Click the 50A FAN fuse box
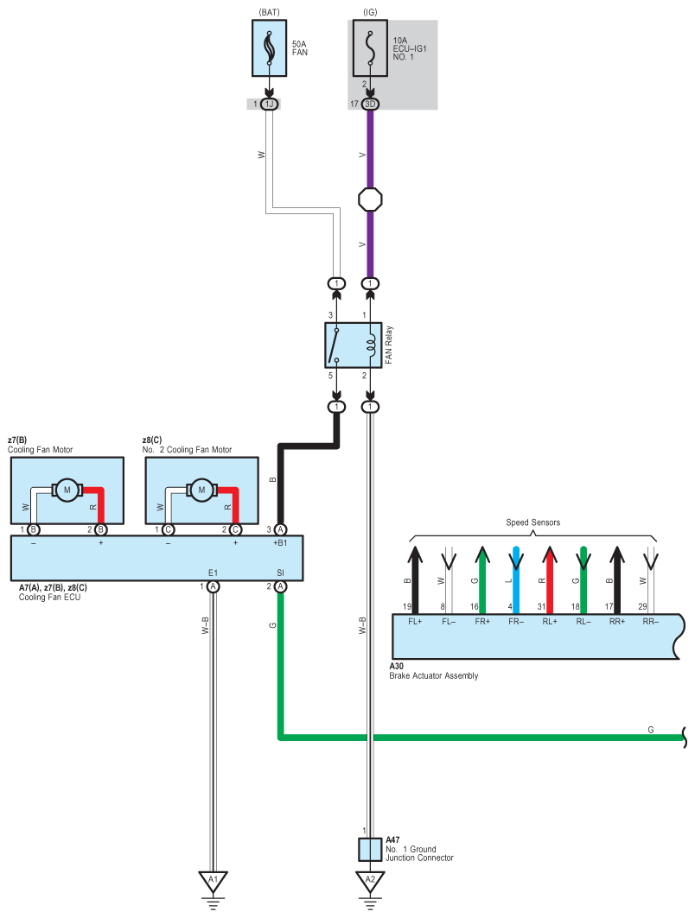click(x=269, y=48)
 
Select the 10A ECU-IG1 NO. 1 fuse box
click(x=370, y=48)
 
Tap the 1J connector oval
click(x=269, y=104)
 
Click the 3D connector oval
click(x=370, y=104)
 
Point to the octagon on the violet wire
click(x=370, y=199)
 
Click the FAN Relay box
click(x=354, y=345)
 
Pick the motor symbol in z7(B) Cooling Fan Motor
click(x=67, y=490)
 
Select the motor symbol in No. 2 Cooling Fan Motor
click(x=201, y=490)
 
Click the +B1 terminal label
click(x=280, y=542)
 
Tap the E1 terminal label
click(x=213, y=573)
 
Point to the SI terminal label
click(x=280, y=573)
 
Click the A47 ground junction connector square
click(x=370, y=850)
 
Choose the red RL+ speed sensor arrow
click(x=549, y=579)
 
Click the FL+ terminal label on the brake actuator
click(x=415, y=621)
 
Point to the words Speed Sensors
click(x=532, y=522)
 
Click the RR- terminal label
click(x=650, y=621)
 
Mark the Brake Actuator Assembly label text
click(x=434, y=675)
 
